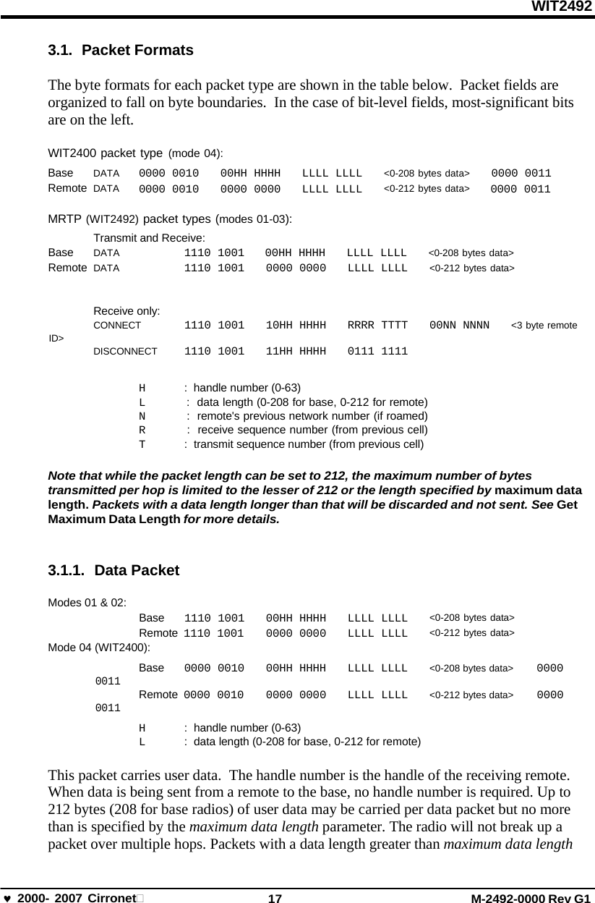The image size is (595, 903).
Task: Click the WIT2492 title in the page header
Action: click(x=562, y=7)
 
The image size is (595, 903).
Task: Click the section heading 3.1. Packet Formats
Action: click(x=120, y=51)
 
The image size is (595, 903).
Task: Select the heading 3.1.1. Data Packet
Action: click(x=113, y=570)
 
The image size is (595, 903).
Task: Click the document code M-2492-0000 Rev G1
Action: click(x=531, y=898)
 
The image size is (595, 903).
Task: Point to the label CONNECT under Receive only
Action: click(x=117, y=326)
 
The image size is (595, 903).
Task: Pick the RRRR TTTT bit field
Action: click(x=377, y=326)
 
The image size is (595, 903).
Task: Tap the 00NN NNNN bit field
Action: click(x=459, y=326)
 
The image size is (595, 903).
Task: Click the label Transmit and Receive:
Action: click(x=149, y=237)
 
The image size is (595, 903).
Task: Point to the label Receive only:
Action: click(x=127, y=311)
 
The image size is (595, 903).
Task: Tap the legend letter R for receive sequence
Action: click(x=142, y=431)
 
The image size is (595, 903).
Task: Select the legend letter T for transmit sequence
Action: click(x=142, y=444)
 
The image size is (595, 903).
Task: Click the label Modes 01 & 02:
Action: click(x=87, y=602)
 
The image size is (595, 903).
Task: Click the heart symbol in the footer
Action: click(x=7, y=898)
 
